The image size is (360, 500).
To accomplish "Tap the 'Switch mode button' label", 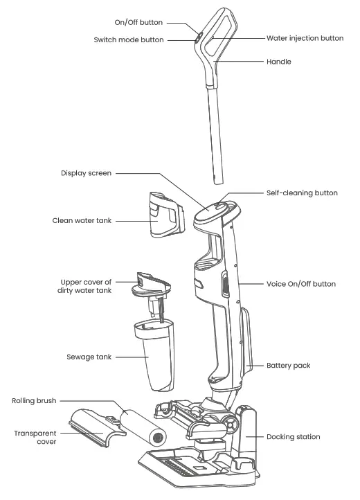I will point(129,40).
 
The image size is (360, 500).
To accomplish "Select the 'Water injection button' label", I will point(305,38).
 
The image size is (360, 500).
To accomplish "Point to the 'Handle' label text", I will point(279,62).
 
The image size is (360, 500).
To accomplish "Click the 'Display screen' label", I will point(85,173).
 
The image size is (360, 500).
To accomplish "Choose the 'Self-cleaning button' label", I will point(302,193).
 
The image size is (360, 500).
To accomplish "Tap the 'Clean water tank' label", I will point(82,221).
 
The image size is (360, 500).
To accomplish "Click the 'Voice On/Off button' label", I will point(301,284).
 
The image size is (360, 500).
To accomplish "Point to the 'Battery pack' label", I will point(288,364).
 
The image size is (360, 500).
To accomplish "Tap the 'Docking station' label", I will point(294,437).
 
